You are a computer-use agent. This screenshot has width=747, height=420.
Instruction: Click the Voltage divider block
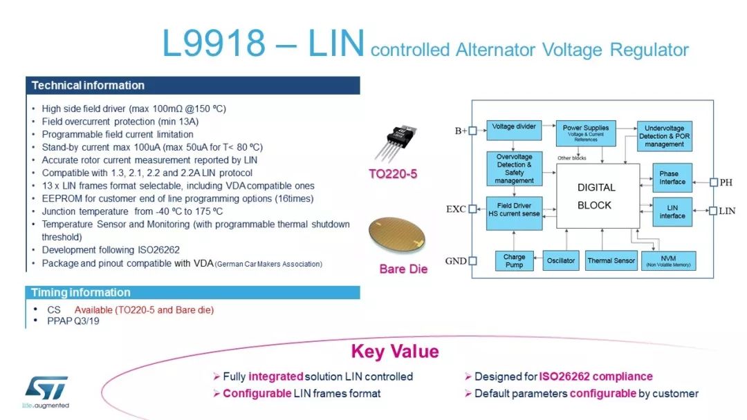514,127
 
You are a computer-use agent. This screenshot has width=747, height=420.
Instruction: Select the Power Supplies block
585,133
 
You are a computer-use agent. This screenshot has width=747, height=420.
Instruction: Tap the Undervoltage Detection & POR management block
664,136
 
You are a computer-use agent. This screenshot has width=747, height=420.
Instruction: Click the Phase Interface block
672,178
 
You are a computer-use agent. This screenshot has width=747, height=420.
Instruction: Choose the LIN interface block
672,211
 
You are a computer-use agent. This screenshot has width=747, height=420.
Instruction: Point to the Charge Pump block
514,260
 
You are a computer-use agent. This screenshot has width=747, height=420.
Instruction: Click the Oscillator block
560,260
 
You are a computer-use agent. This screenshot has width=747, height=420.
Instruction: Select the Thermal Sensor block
611,260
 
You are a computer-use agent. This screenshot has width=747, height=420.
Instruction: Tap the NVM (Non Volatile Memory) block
667,260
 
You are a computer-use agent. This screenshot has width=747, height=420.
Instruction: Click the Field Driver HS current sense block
514,210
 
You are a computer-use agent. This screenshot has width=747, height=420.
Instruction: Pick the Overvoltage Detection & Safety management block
514,169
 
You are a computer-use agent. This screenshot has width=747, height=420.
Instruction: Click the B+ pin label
461,131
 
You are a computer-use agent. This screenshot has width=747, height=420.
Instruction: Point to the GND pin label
456,261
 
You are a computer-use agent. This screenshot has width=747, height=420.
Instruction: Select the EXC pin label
455,209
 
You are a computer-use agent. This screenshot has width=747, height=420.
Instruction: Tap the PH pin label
726,182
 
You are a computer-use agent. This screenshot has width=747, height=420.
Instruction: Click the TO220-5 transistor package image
395,142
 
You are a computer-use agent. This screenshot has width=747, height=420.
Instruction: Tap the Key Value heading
395,351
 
